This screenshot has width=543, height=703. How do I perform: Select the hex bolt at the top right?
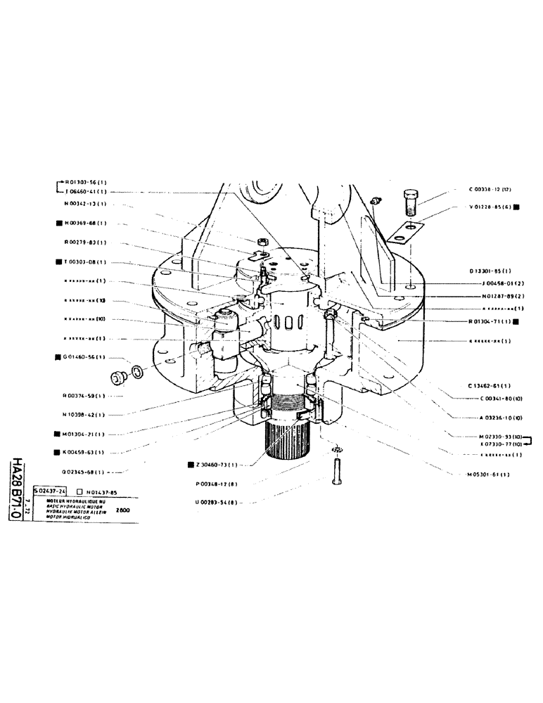(x=411, y=201)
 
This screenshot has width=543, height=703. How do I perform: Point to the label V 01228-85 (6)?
(x=490, y=207)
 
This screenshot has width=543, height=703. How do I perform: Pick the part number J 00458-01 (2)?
(x=497, y=284)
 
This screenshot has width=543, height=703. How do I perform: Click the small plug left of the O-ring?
(x=117, y=378)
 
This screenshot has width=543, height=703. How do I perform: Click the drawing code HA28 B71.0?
(x=16, y=491)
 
